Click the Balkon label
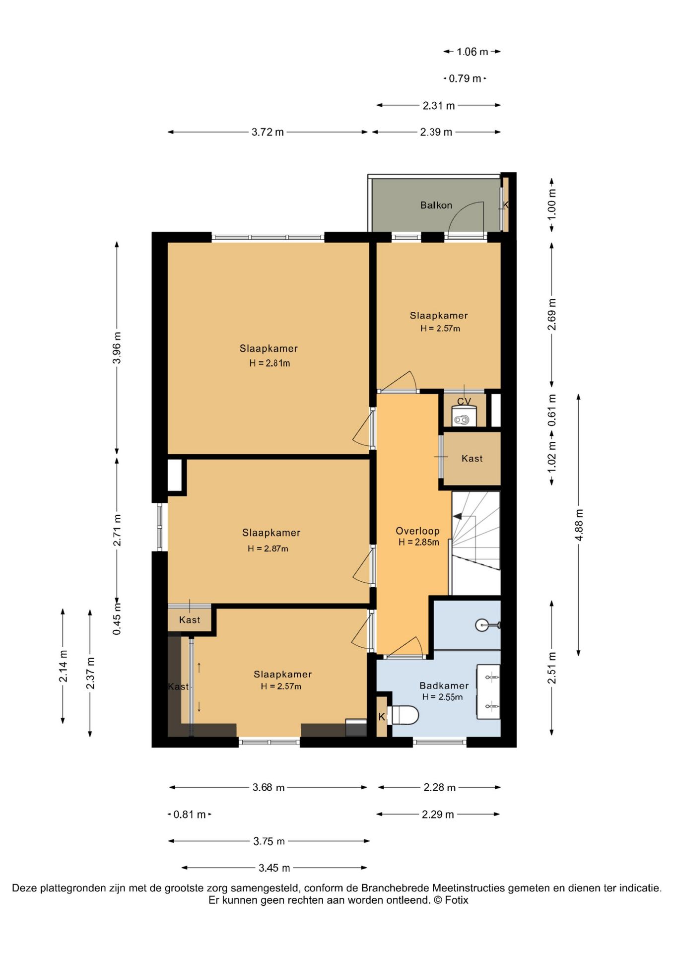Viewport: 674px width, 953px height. (x=436, y=205)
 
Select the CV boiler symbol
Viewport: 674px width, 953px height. (x=464, y=416)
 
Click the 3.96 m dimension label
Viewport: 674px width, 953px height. (x=117, y=347)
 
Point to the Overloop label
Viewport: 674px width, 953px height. (x=417, y=531)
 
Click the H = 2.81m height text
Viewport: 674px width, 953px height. (x=270, y=363)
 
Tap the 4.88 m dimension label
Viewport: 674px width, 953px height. (x=579, y=525)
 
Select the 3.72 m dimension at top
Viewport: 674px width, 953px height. (x=268, y=132)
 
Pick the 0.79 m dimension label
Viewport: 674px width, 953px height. (x=465, y=78)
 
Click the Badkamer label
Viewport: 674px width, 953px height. (x=444, y=685)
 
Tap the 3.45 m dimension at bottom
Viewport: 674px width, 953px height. (x=274, y=868)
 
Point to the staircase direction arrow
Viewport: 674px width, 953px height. (x=458, y=516)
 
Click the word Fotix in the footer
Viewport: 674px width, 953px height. (x=457, y=900)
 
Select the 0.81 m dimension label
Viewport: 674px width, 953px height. (x=190, y=815)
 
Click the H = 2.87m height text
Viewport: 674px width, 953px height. (x=268, y=548)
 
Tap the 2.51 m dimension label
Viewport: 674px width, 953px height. (x=552, y=668)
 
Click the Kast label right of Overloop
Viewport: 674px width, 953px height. (x=472, y=458)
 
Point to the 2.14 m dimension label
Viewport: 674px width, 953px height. (x=63, y=666)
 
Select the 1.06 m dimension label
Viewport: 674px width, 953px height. (x=472, y=52)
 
